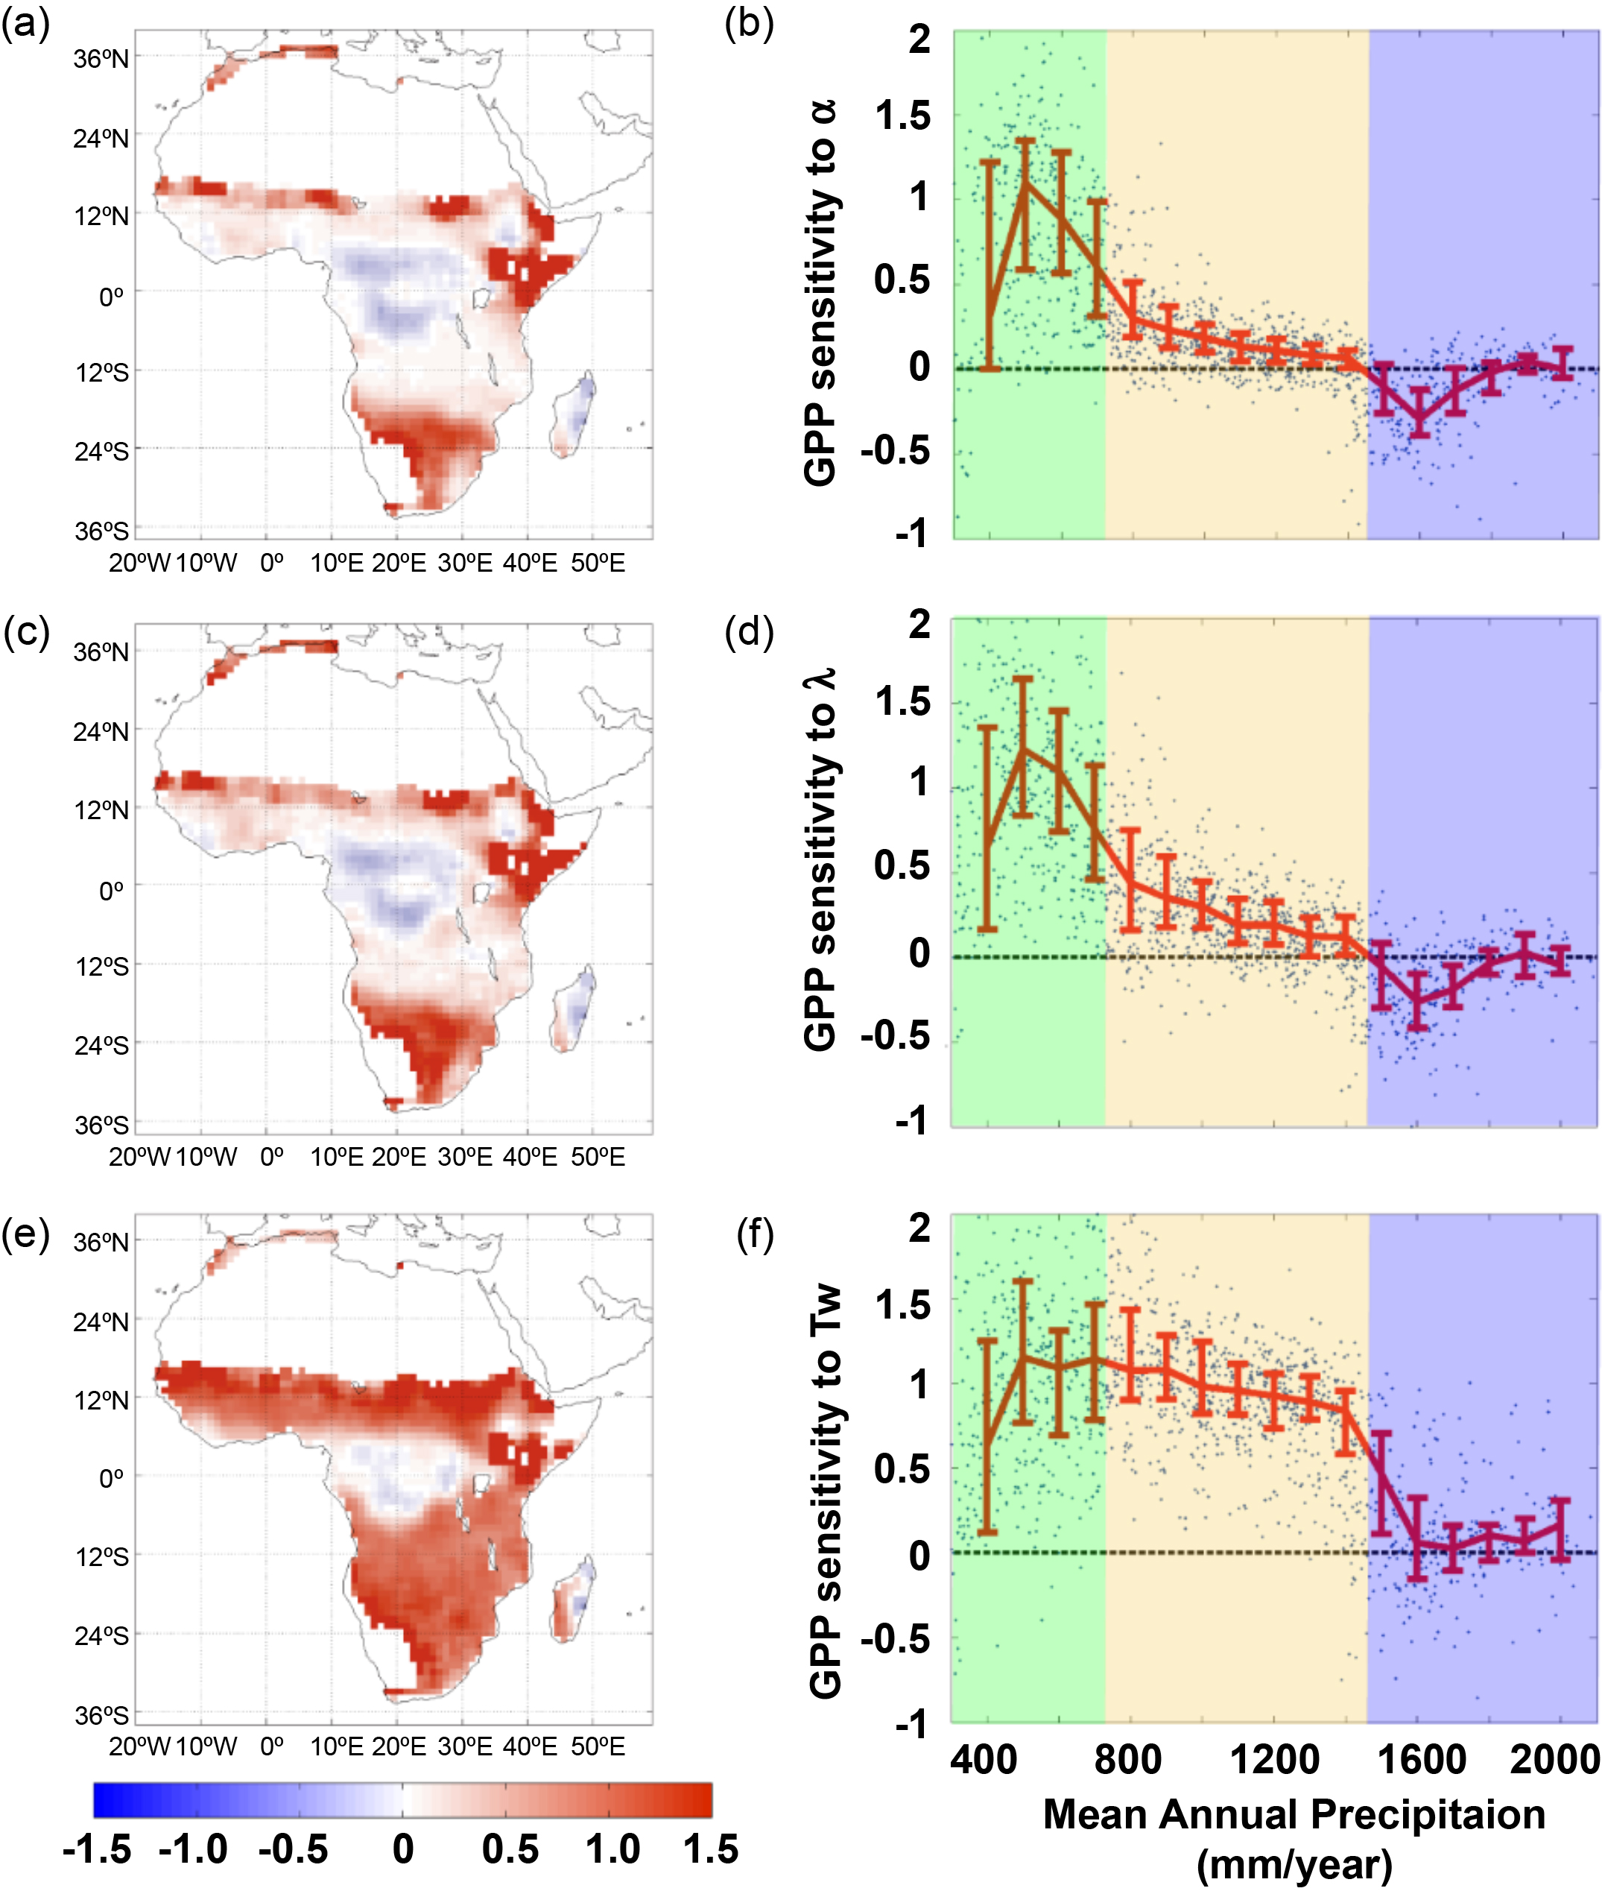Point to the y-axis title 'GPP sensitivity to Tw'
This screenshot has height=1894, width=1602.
825,1490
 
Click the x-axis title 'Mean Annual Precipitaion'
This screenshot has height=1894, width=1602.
1294,1814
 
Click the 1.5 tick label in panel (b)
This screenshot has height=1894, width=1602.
903,116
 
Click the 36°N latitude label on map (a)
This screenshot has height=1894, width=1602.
101,58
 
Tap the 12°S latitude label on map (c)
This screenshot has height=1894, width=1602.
102,965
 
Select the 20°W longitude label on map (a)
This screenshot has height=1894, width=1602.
139,564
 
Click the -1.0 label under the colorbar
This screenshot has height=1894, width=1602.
192,1849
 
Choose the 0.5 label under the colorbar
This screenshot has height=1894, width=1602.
510,1849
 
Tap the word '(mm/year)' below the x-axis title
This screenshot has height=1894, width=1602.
1294,1864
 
